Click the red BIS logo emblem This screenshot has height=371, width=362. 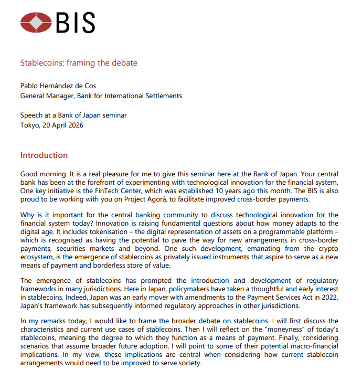36,23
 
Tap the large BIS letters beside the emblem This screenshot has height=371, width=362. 75,23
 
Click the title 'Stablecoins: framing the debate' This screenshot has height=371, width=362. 79,63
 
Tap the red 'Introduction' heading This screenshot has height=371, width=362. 44,155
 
